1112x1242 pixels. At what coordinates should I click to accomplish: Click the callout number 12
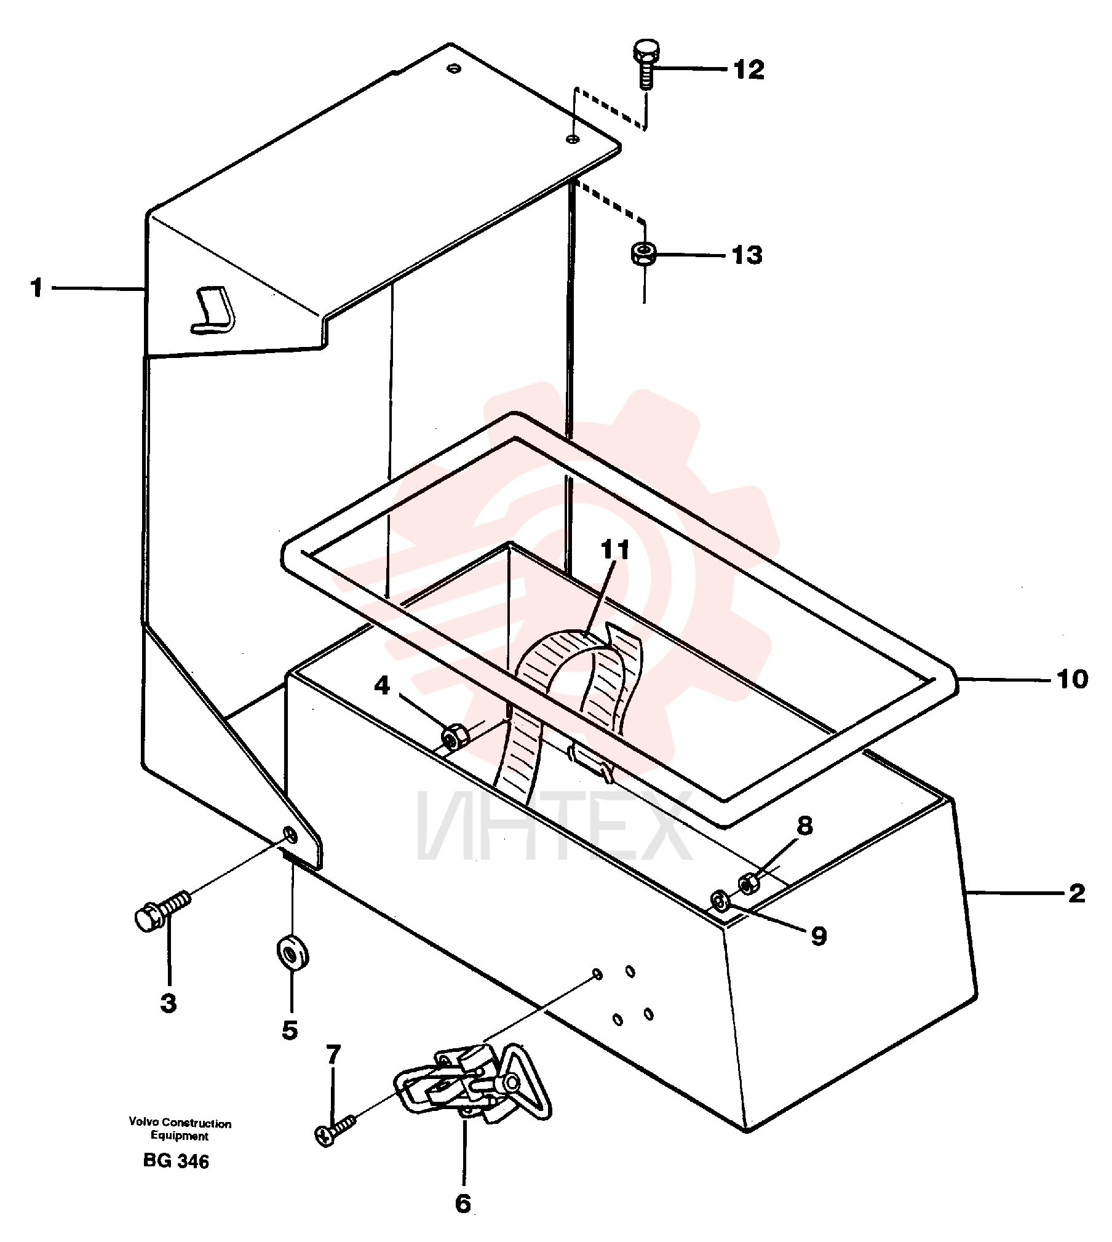[x=749, y=70]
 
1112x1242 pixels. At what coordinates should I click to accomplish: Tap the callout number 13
[x=747, y=255]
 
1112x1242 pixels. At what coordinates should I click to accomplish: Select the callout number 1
[x=38, y=287]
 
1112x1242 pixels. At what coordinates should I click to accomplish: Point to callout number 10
[x=1072, y=679]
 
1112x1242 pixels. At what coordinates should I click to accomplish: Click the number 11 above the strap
[x=615, y=549]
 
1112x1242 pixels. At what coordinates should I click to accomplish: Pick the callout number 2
[x=1076, y=893]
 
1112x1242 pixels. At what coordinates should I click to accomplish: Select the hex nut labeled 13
[x=643, y=254]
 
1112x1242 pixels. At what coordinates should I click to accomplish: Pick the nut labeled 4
[x=455, y=736]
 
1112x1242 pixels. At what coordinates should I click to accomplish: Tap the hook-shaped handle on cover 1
[x=213, y=311]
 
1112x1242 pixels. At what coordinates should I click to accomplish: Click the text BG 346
[x=176, y=1161]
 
